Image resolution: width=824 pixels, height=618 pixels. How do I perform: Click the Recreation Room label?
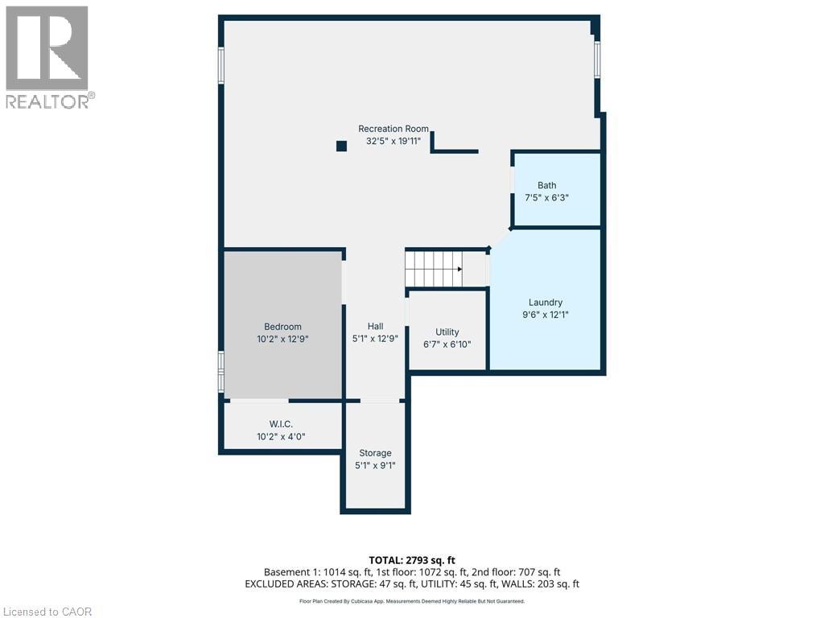click(393, 129)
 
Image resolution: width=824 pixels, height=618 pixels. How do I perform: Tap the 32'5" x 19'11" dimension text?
click(393, 142)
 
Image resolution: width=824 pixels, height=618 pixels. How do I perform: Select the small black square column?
click(341, 146)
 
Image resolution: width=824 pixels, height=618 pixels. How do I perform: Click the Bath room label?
click(546, 186)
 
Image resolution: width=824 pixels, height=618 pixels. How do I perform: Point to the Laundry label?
click(546, 303)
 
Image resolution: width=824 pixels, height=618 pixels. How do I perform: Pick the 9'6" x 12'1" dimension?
click(546, 315)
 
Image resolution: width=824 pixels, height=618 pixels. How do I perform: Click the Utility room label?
click(447, 332)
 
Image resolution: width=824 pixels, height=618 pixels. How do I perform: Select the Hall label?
click(375, 327)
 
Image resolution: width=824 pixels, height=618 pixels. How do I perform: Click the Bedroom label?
click(282, 327)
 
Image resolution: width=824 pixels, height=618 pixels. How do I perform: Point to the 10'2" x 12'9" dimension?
click(282, 340)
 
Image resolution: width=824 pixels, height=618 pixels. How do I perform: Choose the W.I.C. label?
click(281, 424)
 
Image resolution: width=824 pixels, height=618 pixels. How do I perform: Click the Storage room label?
click(375, 453)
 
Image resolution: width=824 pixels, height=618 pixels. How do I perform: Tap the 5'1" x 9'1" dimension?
click(375, 465)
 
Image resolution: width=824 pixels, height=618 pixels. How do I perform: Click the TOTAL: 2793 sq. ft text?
click(412, 560)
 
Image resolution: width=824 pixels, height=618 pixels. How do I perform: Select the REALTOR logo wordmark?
click(49, 102)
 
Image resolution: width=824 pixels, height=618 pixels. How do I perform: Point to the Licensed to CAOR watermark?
click(47, 612)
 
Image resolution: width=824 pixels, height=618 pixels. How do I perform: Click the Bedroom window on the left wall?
click(221, 372)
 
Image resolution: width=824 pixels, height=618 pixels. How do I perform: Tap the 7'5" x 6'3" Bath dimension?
click(546, 198)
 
